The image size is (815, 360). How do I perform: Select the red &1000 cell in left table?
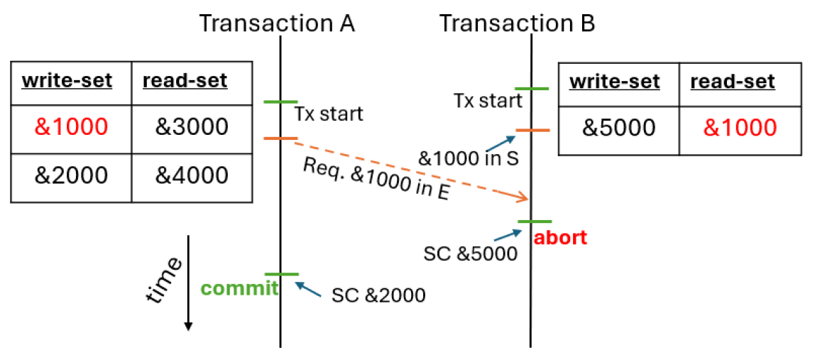pos(71,127)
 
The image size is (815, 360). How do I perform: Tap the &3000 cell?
pos(192,127)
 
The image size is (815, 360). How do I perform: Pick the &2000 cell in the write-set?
pos(71,175)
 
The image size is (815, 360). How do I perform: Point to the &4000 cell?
pos(192,175)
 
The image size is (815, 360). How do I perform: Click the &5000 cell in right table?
pos(619,128)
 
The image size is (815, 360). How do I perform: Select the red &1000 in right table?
pos(740,128)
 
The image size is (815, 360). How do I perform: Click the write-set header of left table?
pos(67,81)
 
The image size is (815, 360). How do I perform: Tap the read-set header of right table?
pos(733,82)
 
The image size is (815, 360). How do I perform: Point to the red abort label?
pos(560,237)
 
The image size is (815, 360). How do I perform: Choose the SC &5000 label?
pos(470,253)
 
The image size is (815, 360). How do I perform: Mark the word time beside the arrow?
pos(163,280)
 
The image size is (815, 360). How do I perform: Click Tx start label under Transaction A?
pos(329,114)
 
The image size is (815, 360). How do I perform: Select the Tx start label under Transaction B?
pos(488,101)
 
